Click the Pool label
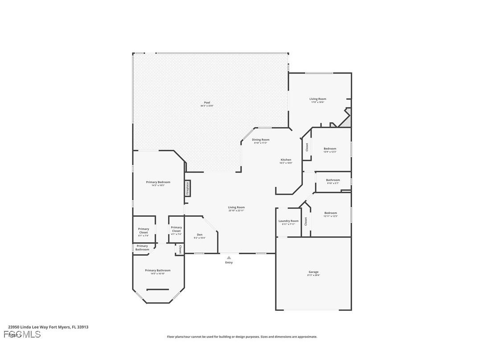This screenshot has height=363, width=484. coord(207,103)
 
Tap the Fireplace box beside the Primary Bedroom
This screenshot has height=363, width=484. coord(188,187)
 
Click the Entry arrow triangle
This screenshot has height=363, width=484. coord(229,257)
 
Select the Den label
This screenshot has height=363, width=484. coord(200,235)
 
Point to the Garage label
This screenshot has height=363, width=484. coord(313,272)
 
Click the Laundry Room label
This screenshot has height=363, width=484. coord(288,221)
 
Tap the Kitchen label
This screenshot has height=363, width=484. coord(286,160)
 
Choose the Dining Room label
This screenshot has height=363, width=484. coord(260,140)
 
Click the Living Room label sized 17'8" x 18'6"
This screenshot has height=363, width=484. coord(318,99)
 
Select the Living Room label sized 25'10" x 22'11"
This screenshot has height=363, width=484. coord(236,207)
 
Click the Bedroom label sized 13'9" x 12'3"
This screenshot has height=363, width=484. coord(330,148)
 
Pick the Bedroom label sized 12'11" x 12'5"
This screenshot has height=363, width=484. coord(330,213)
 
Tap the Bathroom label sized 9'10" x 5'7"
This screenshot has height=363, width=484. coord(333,180)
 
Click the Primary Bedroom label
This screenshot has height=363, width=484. coord(158,182)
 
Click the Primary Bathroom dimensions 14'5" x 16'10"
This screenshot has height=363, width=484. coord(157,274)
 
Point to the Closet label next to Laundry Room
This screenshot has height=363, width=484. coord(306,221)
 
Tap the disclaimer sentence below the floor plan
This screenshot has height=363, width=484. coord(242,337)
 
